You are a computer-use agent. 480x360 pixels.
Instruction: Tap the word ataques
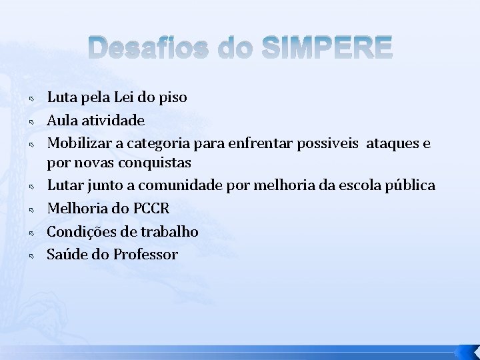(397, 143)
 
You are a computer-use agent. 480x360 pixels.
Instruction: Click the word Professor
(145, 254)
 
